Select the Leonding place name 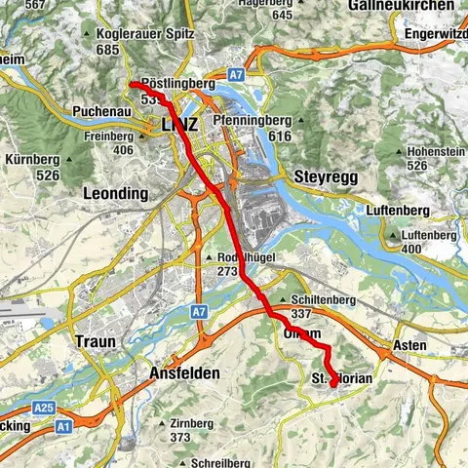coord(116,193)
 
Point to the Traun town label coord(95,342)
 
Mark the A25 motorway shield coord(42,407)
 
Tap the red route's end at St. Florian coord(333,384)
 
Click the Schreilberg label coord(221,462)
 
